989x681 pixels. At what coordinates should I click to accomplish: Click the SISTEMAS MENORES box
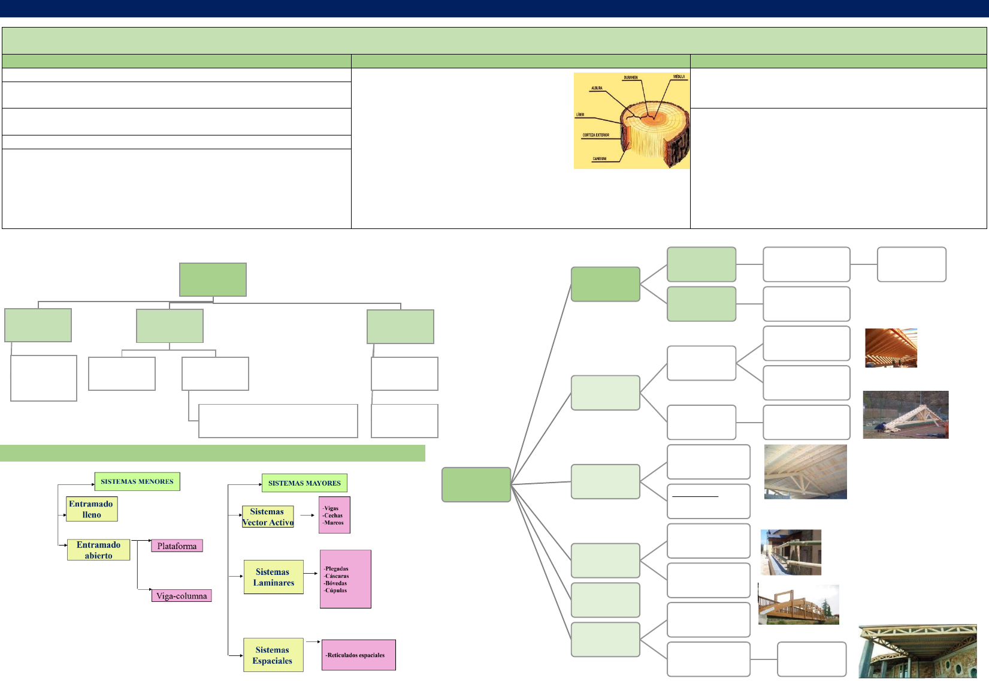pos(137,481)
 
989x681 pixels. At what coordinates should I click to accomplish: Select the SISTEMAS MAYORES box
pos(304,483)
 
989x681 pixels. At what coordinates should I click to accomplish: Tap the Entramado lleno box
pos(92,509)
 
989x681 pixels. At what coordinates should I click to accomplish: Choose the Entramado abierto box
pos(98,550)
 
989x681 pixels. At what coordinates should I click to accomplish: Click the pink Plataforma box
pos(177,546)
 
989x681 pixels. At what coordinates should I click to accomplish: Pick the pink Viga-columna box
pos(182,596)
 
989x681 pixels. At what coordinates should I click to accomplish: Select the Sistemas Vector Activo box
pos(268,517)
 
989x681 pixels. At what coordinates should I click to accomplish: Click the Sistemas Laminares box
pos(274,577)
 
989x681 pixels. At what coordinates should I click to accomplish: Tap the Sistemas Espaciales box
pos(273,655)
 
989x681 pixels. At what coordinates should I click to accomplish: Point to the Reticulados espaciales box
pos(358,655)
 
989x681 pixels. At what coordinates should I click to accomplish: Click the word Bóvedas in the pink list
pos(336,583)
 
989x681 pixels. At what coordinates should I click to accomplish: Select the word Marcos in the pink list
pos(334,523)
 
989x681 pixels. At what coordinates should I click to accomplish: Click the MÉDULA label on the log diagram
pos(679,77)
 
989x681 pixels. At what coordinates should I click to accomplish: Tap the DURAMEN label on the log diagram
pos(631,78)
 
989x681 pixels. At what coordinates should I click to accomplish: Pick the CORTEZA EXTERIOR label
pos(595,135)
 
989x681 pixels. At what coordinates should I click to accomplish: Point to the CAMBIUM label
pos(599,159)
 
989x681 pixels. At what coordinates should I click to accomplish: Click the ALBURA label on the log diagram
pos(597,88)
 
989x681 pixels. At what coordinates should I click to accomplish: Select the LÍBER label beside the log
pos(580,114)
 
